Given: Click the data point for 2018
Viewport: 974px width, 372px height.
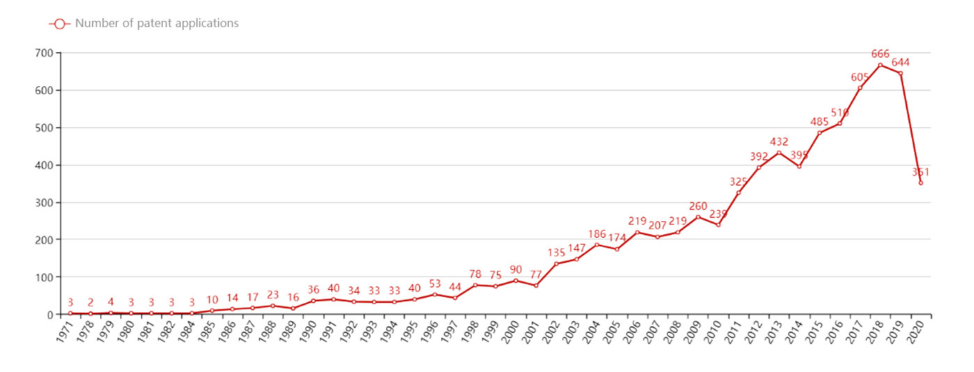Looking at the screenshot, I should click(x=880, y=65).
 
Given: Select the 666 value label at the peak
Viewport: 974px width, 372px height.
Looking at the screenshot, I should click(x=880, y=54).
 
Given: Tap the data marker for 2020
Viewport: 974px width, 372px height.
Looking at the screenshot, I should click(x=920, y=183).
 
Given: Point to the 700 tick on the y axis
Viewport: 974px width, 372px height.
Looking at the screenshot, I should click(x=43, y=53).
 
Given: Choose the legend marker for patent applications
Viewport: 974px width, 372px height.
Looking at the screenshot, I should click(x=59, y=24).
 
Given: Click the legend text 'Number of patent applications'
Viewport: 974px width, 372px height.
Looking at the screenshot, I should click(x=157, y=24).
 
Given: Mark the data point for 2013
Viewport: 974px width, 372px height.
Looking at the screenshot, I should click(x=779, y=153).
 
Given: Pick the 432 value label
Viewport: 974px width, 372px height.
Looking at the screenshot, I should click(x=779, y=142).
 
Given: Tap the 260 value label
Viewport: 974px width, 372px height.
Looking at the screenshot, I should click(x=698, y=206).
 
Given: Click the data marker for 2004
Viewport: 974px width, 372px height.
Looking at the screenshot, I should click(x=597, y=245).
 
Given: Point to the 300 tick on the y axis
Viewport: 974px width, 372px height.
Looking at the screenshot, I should click(x=43, y=202).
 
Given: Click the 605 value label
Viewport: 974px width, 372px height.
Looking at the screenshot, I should click(x=861, y=77).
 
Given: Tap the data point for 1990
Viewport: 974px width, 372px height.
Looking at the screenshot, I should click(x=313, y=300).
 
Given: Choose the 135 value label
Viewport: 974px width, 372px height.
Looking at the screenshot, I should click(x=556, y=252).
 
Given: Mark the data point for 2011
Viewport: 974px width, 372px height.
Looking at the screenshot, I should click(x=738, y=193).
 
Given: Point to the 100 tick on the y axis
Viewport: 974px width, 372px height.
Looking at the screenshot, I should click(x=43, y=277).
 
